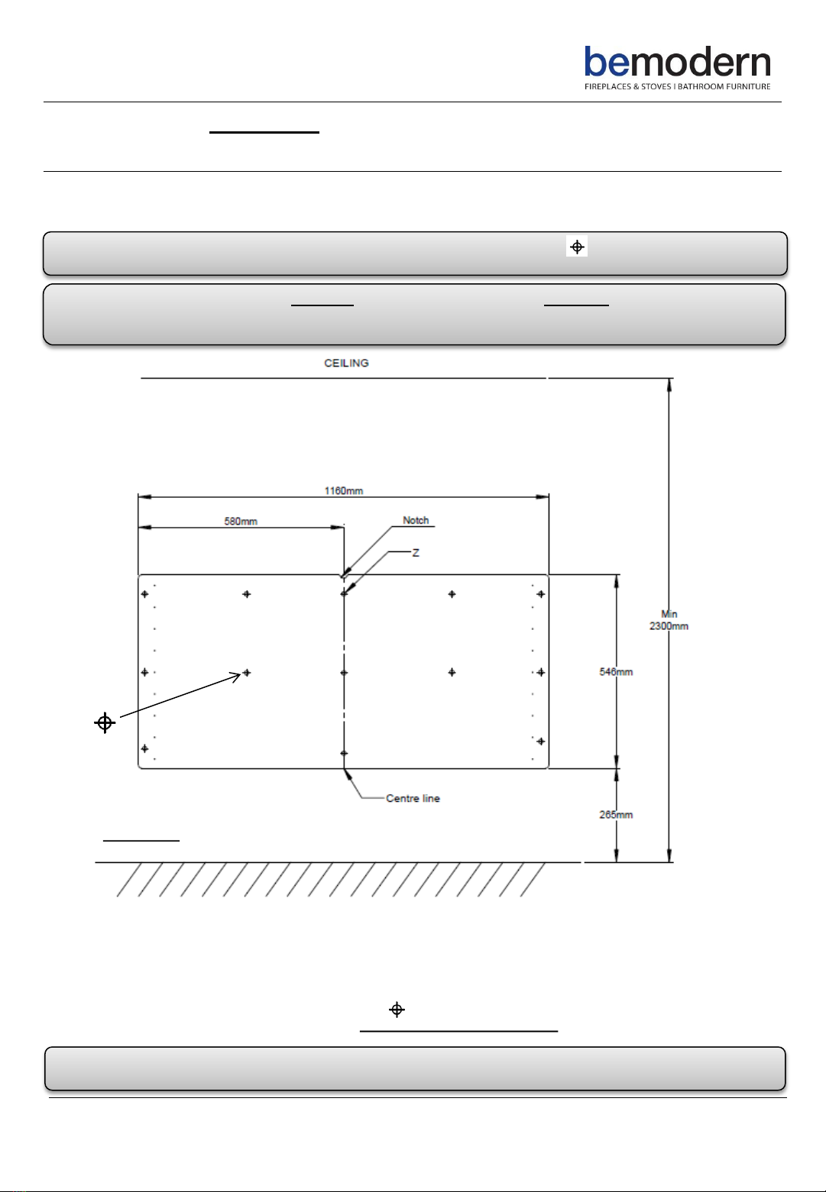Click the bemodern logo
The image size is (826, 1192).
pyautogui.click(x=678, y=68)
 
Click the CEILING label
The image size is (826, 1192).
pyautogui.click(x=346, y=363)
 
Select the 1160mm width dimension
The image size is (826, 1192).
pyautogui.click(x=344, y=491)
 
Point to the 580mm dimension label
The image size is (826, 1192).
pyautogui.click(x=241, y=522)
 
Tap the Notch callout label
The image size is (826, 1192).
pyautogui.click(x=416, y=521)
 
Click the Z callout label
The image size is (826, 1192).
pyautogui.click(x=416, y=553)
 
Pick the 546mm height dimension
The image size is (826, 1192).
pyautogui.click(x=616, y=672)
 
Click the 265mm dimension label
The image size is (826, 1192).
pyautogui.click(x=616, y=815)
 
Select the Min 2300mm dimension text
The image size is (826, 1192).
pyautogui.click(x=669, y=620)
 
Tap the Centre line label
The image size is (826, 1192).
pyautogui.click(x=413, y=798)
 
